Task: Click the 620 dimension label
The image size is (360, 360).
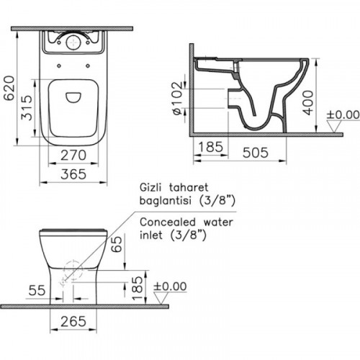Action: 9,88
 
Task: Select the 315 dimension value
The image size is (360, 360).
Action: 27,107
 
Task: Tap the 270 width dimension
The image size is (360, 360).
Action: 73,156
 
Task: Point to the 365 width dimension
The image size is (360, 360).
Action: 73,174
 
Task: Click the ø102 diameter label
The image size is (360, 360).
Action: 178,99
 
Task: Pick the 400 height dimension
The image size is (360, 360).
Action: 308,103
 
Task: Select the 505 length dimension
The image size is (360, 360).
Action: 255,153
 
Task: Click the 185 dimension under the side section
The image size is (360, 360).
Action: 210,147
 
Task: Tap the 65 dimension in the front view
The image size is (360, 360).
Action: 117,244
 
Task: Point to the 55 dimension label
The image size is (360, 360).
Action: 37,290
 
